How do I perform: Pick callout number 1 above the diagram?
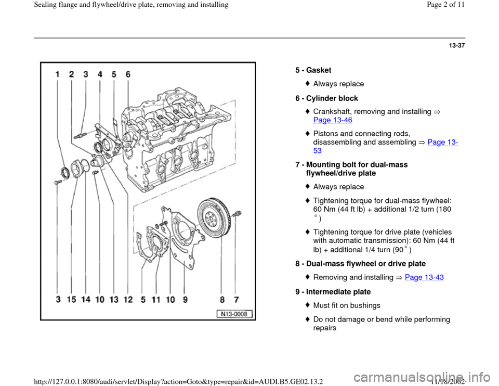tap(58, 74)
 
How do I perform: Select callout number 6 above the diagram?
tap(128, 74)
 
